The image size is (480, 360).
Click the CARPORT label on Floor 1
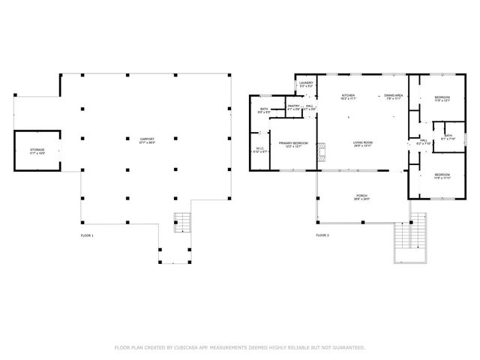[148, 140]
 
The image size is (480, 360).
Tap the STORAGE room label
[37, 151]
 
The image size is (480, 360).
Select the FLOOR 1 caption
[87, 235]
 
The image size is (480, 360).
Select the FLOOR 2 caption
[322, 235]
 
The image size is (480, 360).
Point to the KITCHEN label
[348, 97]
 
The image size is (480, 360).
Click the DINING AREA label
[394, 97]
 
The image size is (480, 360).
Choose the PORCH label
[362, 197]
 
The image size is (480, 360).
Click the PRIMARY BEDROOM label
[293, 144]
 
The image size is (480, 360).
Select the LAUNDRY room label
[306, 85]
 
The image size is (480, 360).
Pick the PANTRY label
[293, 107]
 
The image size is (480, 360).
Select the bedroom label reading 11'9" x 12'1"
[442, 99]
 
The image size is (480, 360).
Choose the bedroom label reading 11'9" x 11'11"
[442, 176]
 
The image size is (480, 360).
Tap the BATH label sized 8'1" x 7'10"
[448, 138]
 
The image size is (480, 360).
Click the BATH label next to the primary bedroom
[264, 111]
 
